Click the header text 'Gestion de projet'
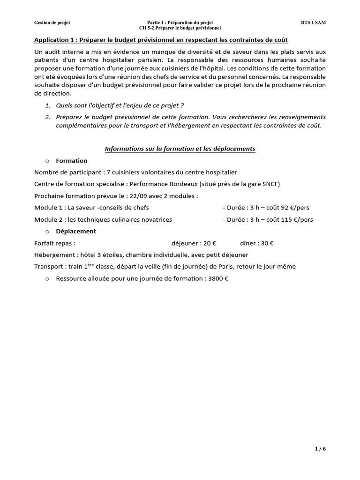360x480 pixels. [x=52, y=22]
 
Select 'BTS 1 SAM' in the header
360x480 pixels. [x=314, y=22]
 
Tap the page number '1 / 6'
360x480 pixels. [x=320, y=449]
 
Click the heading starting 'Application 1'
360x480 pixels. [x=161, y=40]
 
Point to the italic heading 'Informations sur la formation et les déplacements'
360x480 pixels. [x=180, y=149]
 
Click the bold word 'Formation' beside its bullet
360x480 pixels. [x=71, y=161]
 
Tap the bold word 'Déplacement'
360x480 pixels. [x=76, y=231]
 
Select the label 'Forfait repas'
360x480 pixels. [x=53, y=243]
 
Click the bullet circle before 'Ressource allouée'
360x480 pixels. [x=47, y=278]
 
